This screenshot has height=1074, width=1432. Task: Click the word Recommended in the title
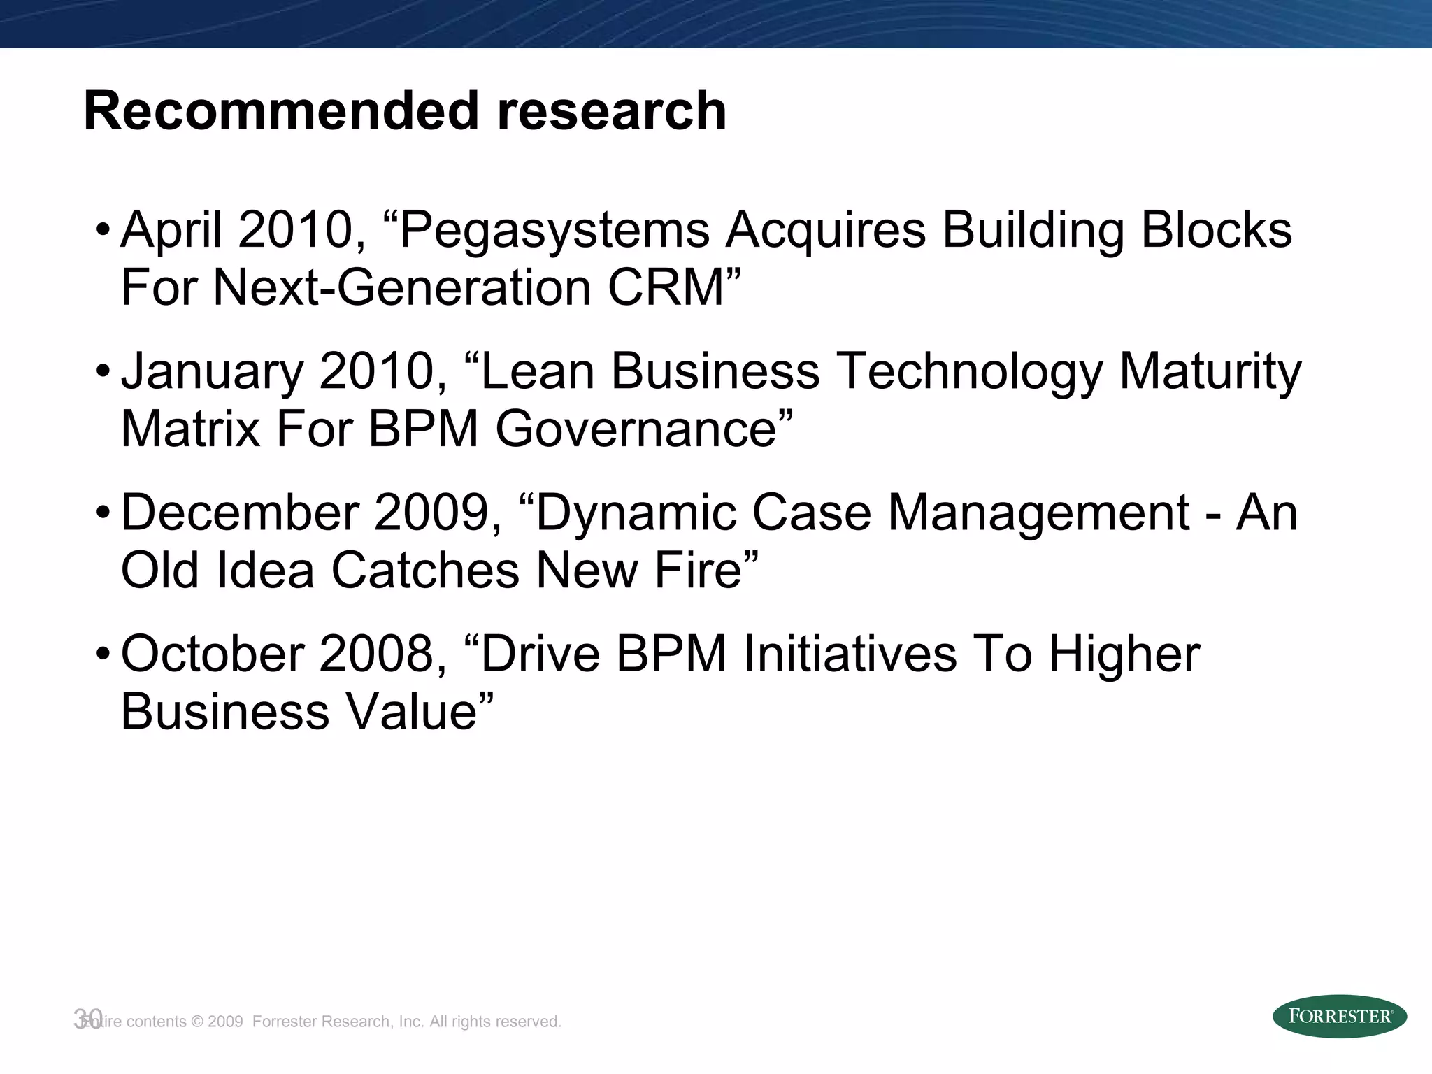(x=282, y=110)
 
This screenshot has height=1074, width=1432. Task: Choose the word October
(x=212, y=654)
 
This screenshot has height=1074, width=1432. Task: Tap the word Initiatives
(x=850, y=654)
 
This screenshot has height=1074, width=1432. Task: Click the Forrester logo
(x=1339, y=1016)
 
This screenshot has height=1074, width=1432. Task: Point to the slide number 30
(x=88, y=1019)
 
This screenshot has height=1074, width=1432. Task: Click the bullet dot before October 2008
(x=103, y=655)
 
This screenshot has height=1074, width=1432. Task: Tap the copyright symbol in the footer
(x=196, y=1022)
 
